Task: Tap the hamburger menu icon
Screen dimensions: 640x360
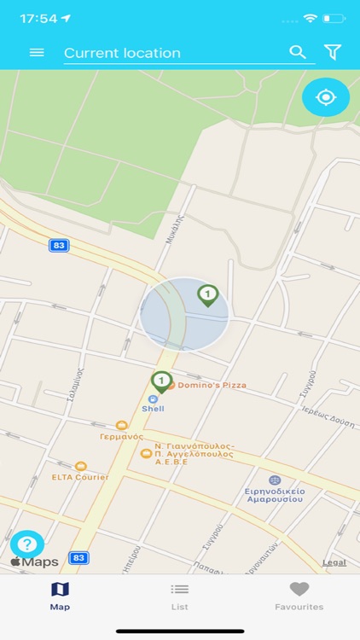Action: point(37,53)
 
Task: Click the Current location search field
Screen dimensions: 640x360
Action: point(171,53)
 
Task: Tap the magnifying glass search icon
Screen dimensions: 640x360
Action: point(298,52)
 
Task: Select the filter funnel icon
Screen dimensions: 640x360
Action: point(333,52)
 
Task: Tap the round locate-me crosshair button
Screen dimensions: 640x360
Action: point(326,97)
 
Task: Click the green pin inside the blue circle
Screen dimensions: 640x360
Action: point(207,295)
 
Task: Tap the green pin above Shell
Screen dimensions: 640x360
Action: point(161,381)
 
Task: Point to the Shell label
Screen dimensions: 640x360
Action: point(153,408)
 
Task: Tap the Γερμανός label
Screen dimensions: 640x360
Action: point(119,435)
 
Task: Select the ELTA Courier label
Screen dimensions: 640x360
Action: point(80,476)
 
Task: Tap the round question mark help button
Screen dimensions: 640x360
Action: point(26,544)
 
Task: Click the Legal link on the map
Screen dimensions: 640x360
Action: point(334,562)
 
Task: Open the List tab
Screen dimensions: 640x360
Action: point(179,596)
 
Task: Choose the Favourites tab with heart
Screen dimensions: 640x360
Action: point(299,596)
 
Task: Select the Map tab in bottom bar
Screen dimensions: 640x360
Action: point(60,596)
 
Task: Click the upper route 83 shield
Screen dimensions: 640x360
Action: point(59,246)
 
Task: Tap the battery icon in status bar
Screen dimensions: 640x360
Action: point(334,18)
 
